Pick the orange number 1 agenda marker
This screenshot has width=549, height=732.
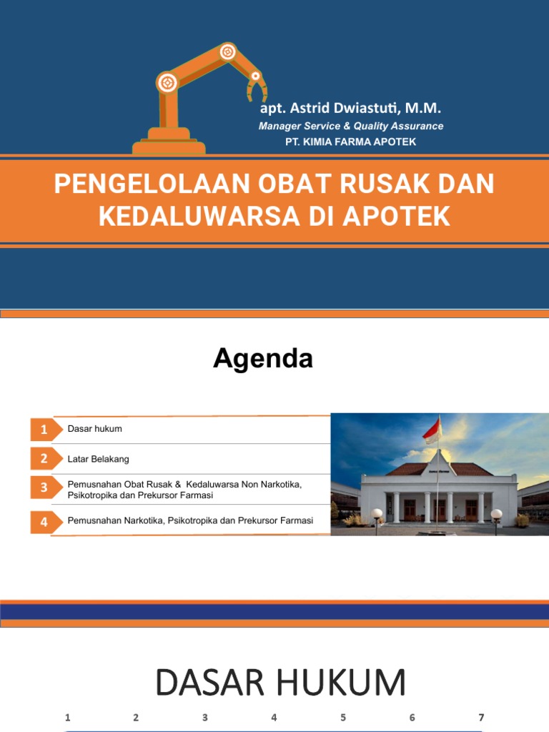click(x=44, y=430)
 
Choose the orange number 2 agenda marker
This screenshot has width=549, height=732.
click(x=44, y=459)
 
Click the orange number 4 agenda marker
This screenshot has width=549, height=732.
click(x=44, y=522)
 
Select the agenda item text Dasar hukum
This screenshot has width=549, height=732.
click(x=95, y=429)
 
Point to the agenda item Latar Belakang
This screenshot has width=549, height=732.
click(x=99, y=459)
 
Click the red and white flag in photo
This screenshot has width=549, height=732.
click(x=432, y=430)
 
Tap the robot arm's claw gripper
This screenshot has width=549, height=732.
click(x=257, y=89)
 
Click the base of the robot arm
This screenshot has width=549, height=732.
click(x=169, y=144)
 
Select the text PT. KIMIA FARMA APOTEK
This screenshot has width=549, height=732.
click(x=350, y=142)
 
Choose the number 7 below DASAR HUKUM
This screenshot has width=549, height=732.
click(x=481, y=718)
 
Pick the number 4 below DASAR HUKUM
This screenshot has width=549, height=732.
click(x=274, y=718)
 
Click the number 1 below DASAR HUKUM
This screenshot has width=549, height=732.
click(x=67, y=718)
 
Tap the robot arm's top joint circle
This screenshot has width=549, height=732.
click(x=227, y=51)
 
